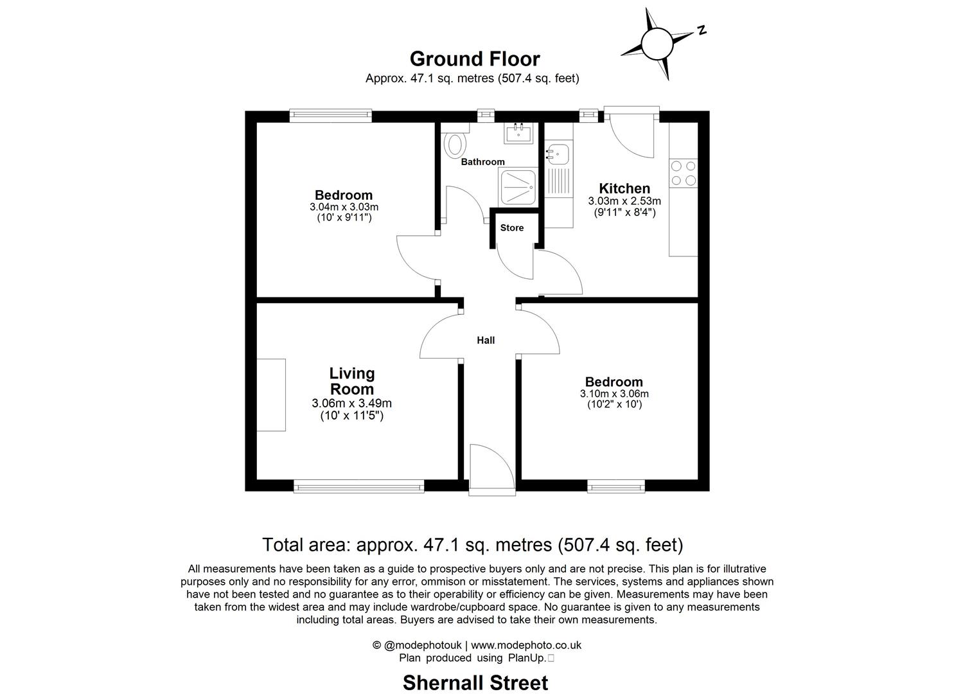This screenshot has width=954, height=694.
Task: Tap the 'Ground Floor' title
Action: tap(475, 59)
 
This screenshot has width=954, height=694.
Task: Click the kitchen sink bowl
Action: tap(558, 154)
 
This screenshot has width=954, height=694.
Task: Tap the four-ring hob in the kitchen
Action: tap(683, 173)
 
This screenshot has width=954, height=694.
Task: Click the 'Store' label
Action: tap(512, 228)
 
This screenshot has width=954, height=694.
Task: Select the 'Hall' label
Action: tap(486, 341)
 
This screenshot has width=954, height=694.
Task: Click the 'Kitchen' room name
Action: tap(624, 188)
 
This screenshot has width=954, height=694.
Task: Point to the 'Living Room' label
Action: tap(351, 381)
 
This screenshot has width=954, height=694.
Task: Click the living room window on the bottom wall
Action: tap(359, 487)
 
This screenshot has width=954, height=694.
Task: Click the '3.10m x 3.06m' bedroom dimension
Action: tap(614, 394)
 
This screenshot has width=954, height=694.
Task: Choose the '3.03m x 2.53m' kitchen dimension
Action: tap(624, 201)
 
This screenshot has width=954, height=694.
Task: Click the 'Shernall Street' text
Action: tap(475, 682)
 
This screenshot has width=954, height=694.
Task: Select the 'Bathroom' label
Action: tap(483, 162)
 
